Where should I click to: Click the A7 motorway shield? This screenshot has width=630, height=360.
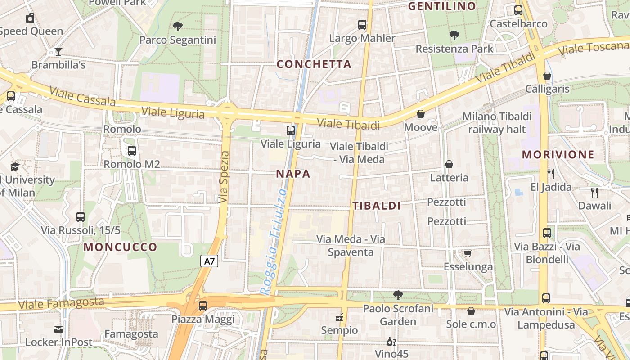[209, 261]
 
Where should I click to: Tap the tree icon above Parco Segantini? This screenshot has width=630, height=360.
[178, 27]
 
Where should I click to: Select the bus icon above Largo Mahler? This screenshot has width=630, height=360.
[362, 25]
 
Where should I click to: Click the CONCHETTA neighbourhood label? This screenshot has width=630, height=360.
[314, 64]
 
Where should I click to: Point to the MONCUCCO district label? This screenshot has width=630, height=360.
[121, 247]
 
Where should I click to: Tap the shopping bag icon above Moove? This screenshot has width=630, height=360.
[421, 114]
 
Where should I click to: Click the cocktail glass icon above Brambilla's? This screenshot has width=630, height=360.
[58, 52]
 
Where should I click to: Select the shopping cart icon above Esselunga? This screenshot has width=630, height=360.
[468, 254]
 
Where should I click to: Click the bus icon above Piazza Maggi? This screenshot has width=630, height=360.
[203, 306]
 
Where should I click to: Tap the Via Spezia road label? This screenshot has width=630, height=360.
[225, 177]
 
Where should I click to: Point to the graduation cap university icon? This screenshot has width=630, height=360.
[15, 167]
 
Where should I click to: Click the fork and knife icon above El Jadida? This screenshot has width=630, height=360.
[551, 173]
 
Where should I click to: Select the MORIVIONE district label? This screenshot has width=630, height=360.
[558, 155]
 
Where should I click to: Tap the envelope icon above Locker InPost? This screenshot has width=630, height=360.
[58, 329]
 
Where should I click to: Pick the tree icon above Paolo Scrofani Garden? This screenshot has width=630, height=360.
[398, 295]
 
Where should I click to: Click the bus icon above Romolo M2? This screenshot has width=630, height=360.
[132, 151]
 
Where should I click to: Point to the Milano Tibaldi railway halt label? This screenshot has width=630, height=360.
[497, 123]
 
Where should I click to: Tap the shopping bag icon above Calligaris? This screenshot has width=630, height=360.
[547, 76]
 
